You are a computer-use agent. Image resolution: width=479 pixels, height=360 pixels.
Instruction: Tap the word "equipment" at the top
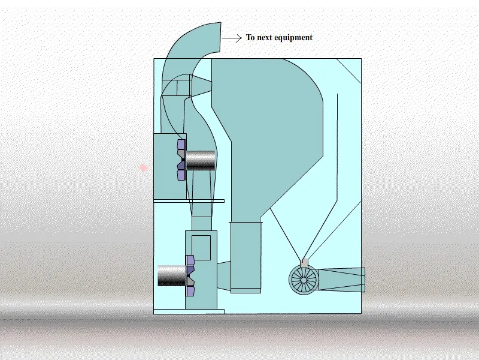(x=294, y=38)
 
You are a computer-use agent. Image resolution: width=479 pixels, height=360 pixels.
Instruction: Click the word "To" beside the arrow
(x=250, y=38)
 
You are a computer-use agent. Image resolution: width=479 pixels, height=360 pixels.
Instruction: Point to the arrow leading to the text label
(x=232, y=38)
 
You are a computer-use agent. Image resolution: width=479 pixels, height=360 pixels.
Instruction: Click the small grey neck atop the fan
(x=305, y=262)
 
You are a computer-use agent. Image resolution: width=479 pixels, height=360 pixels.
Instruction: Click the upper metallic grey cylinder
(x=200, y=160)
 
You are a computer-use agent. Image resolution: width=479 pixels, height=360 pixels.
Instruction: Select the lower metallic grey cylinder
(x=172, y=275)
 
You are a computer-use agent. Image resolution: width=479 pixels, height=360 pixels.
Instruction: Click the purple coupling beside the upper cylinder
(x=181, y=160)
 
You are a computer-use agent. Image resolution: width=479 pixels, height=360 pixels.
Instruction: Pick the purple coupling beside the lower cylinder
(x=190, y=275)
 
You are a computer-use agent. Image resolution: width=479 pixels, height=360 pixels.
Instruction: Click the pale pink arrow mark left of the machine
(x=143, y=168)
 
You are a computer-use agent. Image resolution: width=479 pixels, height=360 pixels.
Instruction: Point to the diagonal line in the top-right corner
(x=348, y=70)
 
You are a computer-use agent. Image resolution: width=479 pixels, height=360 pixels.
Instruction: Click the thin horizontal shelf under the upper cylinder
(x=189, y=201)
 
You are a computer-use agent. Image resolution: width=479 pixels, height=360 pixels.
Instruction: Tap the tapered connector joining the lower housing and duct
(x=223, y=276)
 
